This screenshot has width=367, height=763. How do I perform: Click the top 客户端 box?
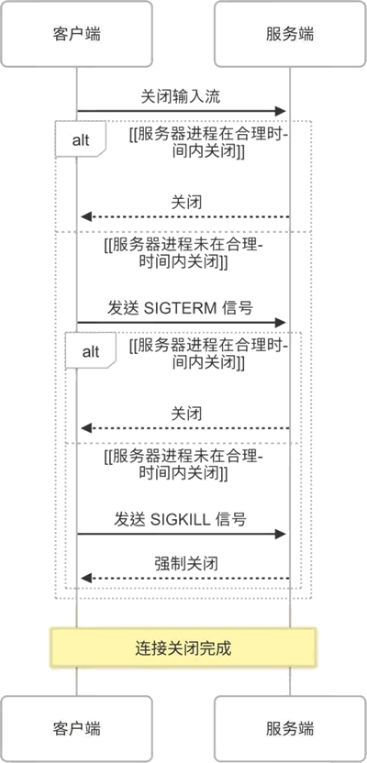coord(76,34)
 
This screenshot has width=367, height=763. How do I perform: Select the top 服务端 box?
coord(290,34)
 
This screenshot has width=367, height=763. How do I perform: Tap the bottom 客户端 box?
coord(76,728)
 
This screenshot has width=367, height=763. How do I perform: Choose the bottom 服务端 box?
coord(290,728)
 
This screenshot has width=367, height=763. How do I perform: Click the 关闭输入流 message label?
coord(181,96)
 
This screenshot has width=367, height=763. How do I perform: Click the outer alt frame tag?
coord(81,139)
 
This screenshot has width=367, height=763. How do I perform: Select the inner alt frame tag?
coord(91,351)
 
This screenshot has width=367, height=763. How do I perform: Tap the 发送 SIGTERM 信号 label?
coord(180,308)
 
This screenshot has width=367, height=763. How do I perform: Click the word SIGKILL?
coord(181,519)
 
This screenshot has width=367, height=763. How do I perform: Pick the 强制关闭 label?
coord(186,563)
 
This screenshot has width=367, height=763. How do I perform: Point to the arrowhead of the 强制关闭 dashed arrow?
coord(85,578)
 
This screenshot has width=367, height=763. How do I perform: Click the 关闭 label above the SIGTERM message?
coord(186,202)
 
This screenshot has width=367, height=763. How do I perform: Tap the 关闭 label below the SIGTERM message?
coord(186,414)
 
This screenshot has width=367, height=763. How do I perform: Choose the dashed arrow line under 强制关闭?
coord(185,578)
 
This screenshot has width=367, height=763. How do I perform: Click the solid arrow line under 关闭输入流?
coord(181,112)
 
